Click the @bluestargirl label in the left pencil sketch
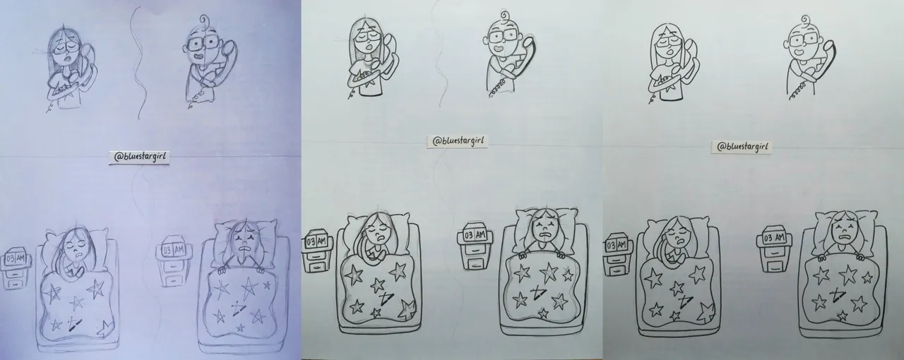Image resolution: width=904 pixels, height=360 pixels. (139, 157)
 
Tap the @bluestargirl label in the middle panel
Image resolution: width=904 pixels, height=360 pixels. (458, 141)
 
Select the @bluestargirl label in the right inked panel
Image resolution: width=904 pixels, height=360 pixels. (741, 147)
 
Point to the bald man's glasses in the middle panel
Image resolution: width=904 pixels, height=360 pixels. (503, 37)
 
